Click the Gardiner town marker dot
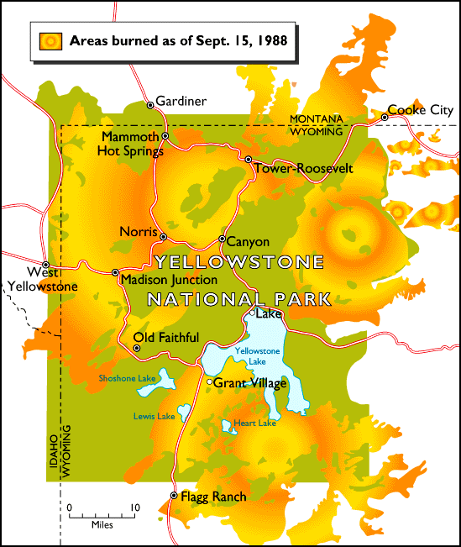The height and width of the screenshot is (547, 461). tap(150, 105)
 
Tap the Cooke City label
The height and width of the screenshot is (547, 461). tap(420, 109)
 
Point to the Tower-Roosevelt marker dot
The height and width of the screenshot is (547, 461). tap(249, 159)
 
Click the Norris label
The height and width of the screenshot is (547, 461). tap(138, 231)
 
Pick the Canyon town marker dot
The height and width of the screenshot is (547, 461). tap(222, 239)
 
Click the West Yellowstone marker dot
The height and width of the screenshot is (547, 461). tap(46, 264)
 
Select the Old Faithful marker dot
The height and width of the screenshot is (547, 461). tap(137, 347)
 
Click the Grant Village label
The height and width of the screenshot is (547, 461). tap(250, 383)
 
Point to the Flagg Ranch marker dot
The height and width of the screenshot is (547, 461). tap(174, 496)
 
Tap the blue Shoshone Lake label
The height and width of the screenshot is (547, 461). tap(128, 379)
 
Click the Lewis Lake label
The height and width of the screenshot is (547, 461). tap(154, 417)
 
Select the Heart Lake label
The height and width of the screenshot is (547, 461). tap(255, 423)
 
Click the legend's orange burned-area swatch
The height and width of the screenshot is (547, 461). tap(51, 39)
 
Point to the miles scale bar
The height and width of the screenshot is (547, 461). tap(102, 515)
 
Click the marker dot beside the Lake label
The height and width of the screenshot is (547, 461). tap(251, 314)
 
